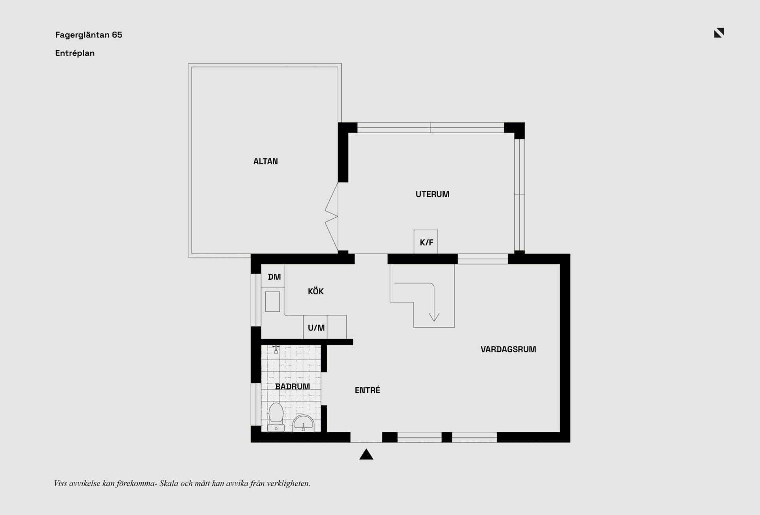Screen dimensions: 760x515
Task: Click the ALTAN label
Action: [266, 161]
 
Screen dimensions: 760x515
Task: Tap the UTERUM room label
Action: [432, 194]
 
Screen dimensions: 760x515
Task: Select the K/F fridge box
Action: [426, 242]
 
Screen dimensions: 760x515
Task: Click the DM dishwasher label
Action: [274, 277]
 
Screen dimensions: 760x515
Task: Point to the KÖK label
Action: [316, 292]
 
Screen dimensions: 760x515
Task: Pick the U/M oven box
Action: [315, 327]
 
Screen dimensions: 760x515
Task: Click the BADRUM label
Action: [293, 386]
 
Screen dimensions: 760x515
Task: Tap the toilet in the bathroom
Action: [276, 417]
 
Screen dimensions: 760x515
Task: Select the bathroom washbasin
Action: [304, 423]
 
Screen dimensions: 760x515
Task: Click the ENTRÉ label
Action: [367, 390]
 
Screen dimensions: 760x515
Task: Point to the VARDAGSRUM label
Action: [508, 349]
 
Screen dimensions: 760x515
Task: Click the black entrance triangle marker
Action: [366, 454]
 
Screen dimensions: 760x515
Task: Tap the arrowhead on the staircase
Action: [434, 317]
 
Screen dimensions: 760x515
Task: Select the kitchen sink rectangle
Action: [272, 301]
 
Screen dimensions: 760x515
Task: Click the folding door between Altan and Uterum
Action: [332, 217]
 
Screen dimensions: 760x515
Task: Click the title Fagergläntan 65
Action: [89, 35]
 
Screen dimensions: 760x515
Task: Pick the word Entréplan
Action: [75, 53]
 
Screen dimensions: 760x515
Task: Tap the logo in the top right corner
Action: [719, 33]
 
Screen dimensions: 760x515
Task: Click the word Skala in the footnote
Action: [169, 483]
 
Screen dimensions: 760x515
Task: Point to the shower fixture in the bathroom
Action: [276, 349]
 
